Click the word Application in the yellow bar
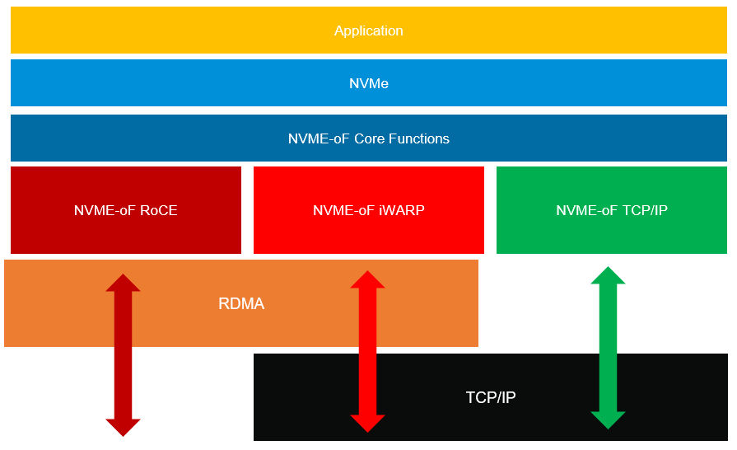click(x=368, y=31)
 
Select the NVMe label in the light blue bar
click(x=368, y=83)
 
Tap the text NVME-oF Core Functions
click(x=368, y=138)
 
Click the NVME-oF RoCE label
click(x=125, y=210)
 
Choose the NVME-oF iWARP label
click(x=368, y=210)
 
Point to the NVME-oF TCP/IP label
click(x=611, y=210)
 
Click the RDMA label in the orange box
click(x=241, y=304)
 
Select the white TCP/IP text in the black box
click(x=490, y=398)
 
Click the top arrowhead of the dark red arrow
click(x=123, y=283)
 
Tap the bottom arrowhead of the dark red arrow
click(x=123, y=426)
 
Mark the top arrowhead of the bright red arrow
click(x=367, y=279)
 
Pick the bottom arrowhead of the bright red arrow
click(x=367, y=423)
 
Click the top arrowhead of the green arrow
click(x=608, y=276)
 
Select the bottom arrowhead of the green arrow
click(x=608, y=420)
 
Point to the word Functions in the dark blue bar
click(x=418, y=138)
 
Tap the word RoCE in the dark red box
click(x=159, y=210)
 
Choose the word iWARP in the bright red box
click(x=403, y=210)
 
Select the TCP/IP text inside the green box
click(x=645, y=210)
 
